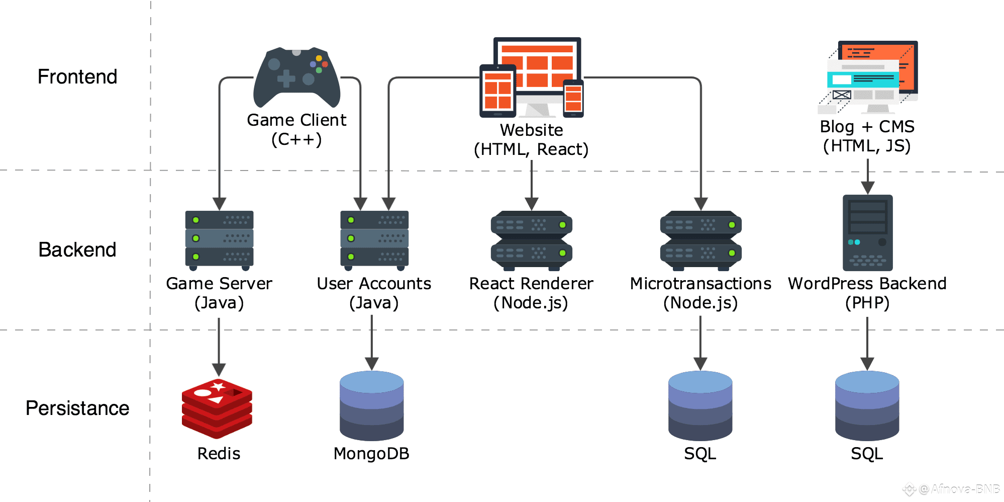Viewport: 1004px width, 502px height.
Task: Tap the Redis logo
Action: [x=217, y=408]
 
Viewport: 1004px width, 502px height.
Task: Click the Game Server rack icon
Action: [x=219, y=239]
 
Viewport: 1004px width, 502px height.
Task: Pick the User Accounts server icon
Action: [x=374, y=239]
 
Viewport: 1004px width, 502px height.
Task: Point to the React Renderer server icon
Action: [x=532, y=240]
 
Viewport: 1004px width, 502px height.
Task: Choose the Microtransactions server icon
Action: [x=700, y=240]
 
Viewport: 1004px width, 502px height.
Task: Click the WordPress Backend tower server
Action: [x=867, y=232]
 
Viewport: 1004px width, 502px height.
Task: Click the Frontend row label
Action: [x=77, y=76]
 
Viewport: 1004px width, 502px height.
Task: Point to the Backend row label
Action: [x=77, y=249]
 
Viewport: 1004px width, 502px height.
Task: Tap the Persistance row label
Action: [x=77, y=408]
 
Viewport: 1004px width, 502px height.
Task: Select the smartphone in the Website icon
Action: [x=573, y=98]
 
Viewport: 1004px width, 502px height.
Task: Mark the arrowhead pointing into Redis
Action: [x=219, y=370]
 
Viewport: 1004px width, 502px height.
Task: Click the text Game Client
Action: [x=296, y=120]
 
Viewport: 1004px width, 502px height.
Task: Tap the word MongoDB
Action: [x=371, y=454]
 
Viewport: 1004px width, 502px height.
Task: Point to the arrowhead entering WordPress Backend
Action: [x=868, y=188]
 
